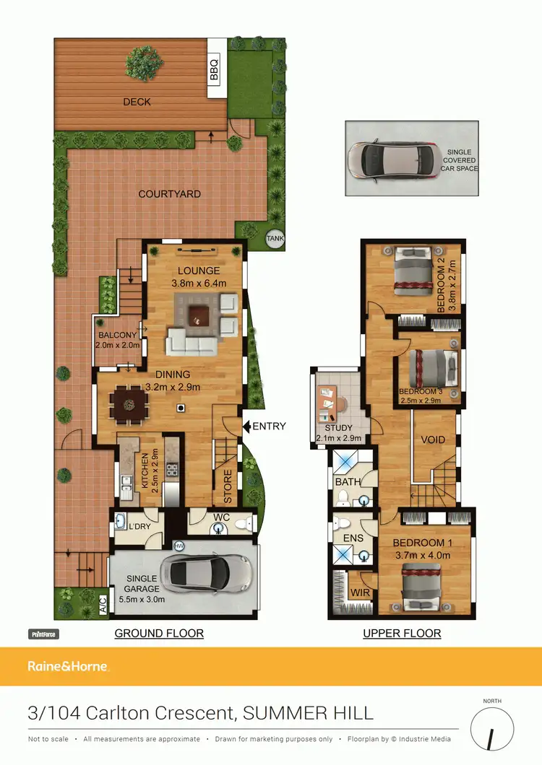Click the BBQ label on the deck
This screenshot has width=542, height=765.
click(214, 70)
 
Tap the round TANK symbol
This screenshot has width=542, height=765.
click(275, 237)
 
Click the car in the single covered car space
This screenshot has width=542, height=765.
click(390, 158)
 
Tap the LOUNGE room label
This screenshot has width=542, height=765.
click(195, 271)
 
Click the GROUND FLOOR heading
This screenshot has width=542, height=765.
click(159, 634)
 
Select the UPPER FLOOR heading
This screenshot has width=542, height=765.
click(402, 634)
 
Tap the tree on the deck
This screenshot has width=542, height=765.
click(139, 64)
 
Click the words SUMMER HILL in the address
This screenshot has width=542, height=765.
click(309, 714)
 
